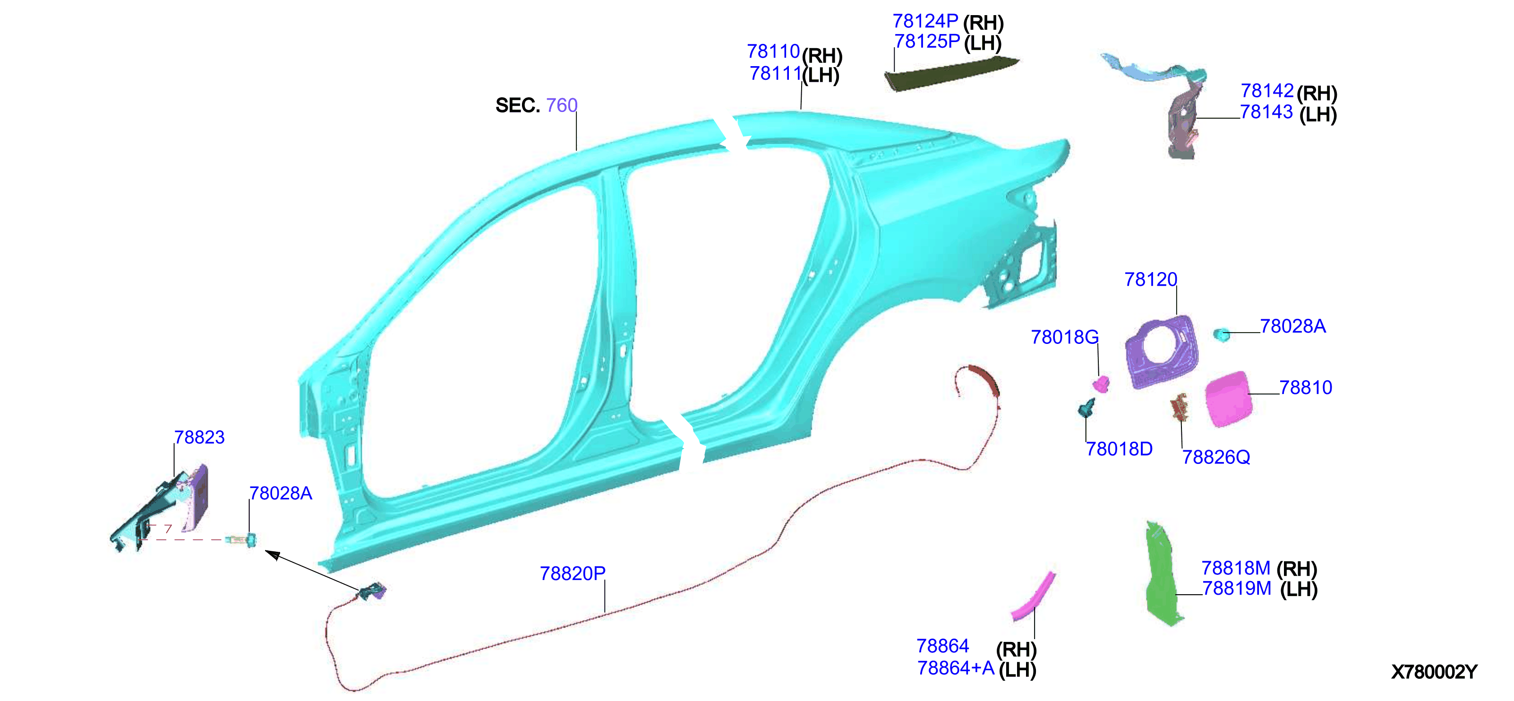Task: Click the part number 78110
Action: pos(773,51)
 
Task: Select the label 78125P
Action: pos(927,41)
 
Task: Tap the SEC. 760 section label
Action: pos(537,105)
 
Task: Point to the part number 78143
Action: pos(1266,111)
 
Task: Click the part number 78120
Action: pos(1151,280)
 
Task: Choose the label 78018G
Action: pos(1065,337)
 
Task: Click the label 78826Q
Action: pos(1216,457)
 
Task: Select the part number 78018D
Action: pos(1119,449)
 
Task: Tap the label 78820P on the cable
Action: pos(573,573)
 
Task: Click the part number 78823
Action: pos(199,437)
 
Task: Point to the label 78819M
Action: pos(1237,588)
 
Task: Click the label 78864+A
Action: pos(956,668)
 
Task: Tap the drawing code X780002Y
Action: pos(1434,672)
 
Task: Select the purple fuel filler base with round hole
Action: pos(1161,352)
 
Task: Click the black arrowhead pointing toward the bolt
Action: pos(272,555)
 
